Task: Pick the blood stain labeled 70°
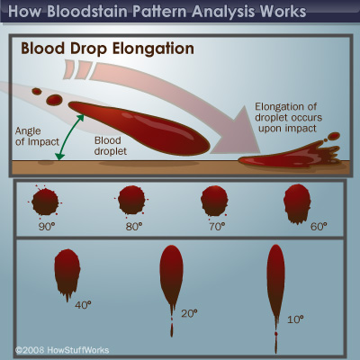point(213,199)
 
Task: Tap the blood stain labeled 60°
point(297,202)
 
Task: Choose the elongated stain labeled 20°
point(172,275)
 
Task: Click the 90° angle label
point(49,227)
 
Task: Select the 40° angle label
point(83,304)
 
